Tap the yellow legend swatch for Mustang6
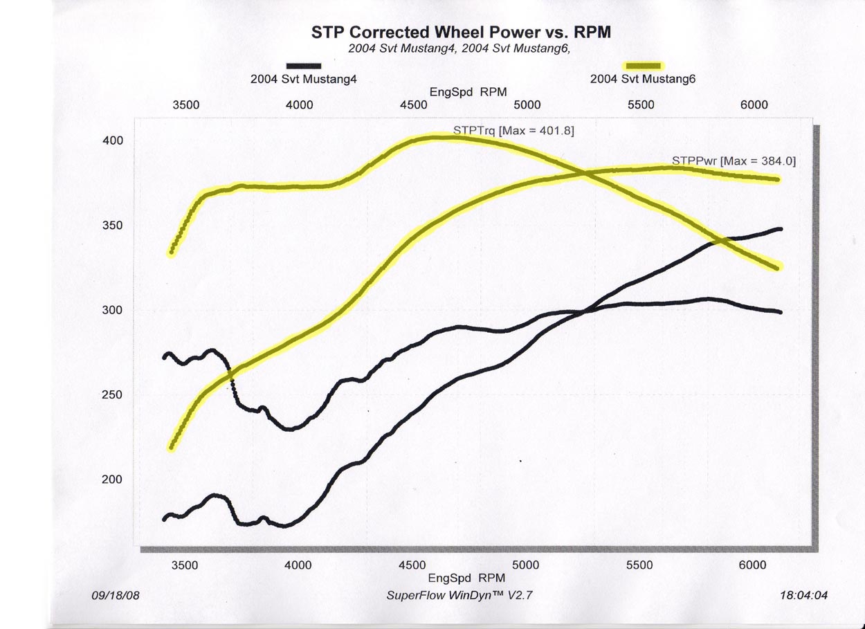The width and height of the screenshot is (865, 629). coord(643,66)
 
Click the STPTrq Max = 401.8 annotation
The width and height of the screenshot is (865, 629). coord(513,130)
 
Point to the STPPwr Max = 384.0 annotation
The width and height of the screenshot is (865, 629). coord(734,161)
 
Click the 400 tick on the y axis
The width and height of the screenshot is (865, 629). coord(113,141)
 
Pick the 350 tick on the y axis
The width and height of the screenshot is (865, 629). coord(113,226)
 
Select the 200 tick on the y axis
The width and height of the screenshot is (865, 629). coord(113,480)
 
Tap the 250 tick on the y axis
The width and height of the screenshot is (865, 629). coord(113,395)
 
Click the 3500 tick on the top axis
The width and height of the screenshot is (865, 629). coord(186,105)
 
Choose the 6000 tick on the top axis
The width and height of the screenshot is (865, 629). coord(754,105)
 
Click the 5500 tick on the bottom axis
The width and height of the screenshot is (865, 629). coord(639,565)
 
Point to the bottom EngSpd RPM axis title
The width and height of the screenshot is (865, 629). coord(467,578)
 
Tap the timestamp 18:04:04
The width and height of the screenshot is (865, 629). coord(803,595)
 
